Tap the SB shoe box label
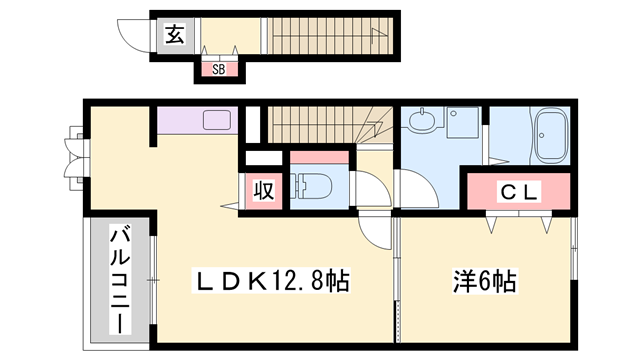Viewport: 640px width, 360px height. coord(217,69)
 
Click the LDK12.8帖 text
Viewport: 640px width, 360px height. coord(270,283)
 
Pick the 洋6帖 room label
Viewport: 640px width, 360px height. coord(483,283)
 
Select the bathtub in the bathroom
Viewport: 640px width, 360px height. coord(551,137)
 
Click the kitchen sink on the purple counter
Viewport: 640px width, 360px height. coord(217,121)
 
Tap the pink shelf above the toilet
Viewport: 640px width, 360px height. coord(319,156)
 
